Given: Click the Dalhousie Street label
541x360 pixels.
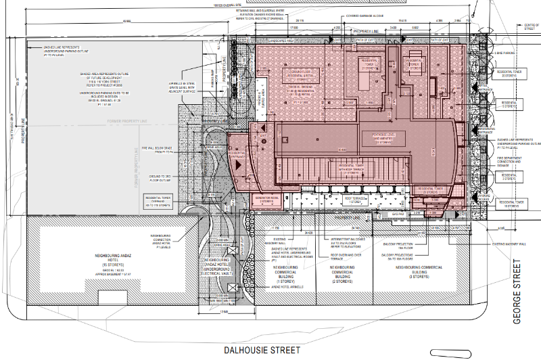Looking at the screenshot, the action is tap(270, 351).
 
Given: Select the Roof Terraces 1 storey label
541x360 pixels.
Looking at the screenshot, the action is tap(354, 200).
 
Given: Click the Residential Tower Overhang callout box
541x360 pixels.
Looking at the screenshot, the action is tap(157, 200).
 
